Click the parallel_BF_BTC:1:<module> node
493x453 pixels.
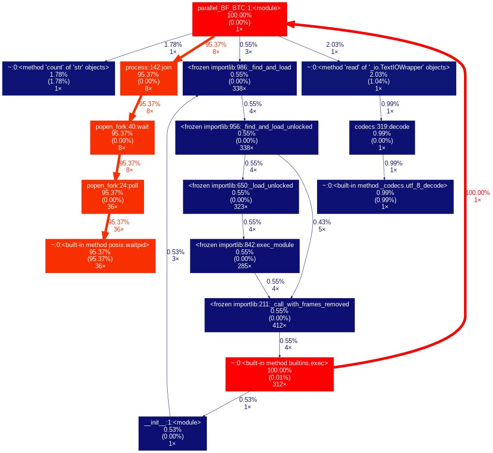[239, 18]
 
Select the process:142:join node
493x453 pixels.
[148, 78]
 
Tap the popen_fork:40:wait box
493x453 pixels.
[122, 137]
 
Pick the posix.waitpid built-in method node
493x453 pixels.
[100, 256]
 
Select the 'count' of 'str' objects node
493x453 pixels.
[58, 78]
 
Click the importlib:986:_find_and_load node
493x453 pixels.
[239, 78]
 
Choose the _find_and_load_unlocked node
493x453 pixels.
[246, 137]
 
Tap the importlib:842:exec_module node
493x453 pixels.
[244, 256]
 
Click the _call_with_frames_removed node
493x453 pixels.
[279, 315]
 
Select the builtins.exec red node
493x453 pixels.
[279, 374]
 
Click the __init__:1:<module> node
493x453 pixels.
[172, 433]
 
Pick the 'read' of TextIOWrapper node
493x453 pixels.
[378, 78]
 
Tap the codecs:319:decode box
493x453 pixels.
[382, 137]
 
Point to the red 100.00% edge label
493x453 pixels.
[478, 196]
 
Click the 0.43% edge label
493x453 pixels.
[322, 225]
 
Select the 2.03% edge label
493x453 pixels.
[334, 48]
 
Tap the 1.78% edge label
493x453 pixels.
[173, 48]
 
